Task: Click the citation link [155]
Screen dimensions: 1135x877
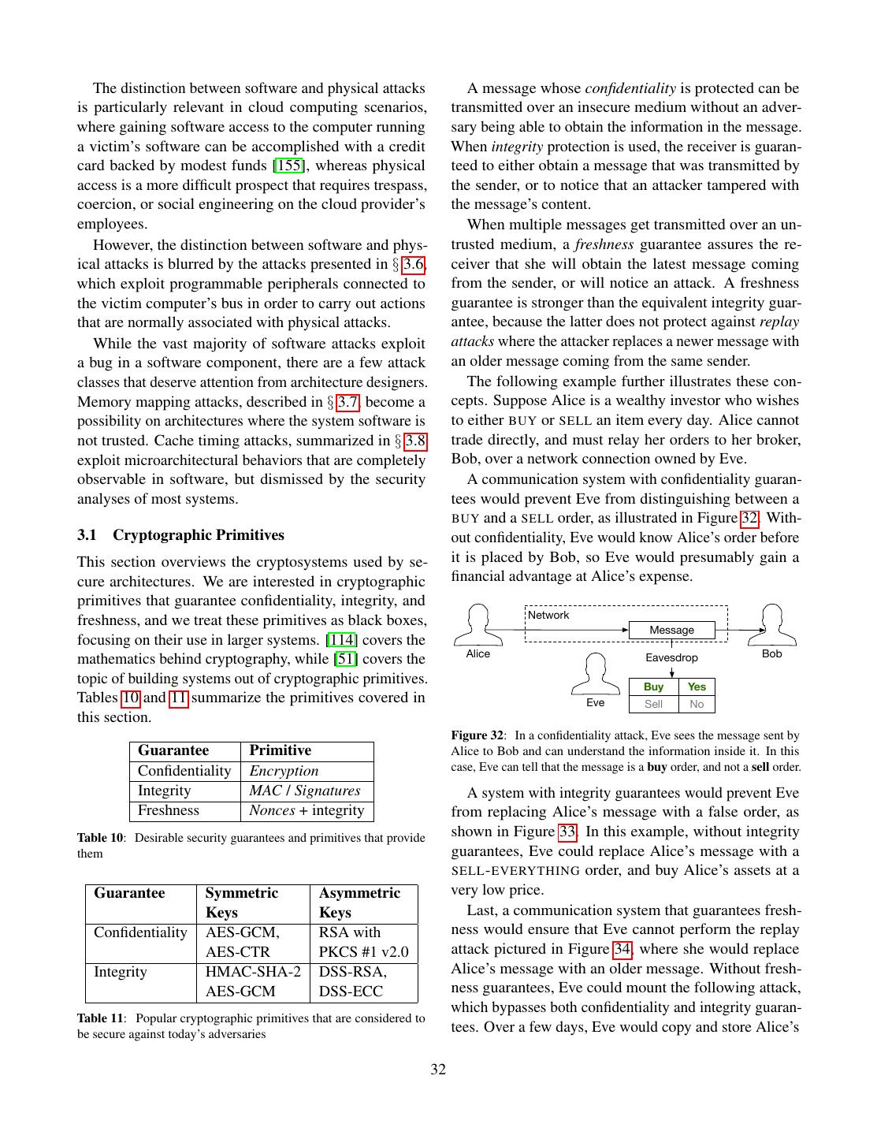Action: coord(289,166)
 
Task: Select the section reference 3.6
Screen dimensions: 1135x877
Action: coord(414,264)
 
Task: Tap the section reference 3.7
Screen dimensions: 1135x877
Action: coord(347,402)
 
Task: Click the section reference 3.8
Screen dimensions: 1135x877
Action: coord(415,441)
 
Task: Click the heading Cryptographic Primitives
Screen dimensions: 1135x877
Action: coord(199,535)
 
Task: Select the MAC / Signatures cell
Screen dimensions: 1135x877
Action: coord(304,791)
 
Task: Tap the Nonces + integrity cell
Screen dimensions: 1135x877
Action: coord(307,810)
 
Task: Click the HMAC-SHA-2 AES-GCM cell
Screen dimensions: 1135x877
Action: coord(252,982)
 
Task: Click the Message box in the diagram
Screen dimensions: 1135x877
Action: coord(671,630)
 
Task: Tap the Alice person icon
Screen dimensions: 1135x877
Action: coord(478,625)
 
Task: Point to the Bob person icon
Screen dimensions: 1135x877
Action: coord(773,625)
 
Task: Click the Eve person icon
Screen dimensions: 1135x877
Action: coord(596,675)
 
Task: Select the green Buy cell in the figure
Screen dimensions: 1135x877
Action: coord(653,687)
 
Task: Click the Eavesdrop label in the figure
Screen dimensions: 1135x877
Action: coord(671,657)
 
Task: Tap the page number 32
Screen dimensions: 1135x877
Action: coord(438,1070)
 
